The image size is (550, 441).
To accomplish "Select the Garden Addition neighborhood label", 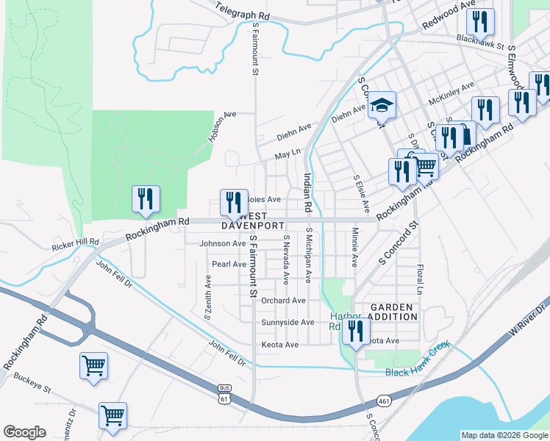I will [x=393, y=311].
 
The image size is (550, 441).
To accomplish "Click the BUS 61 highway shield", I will [x=225, y=394].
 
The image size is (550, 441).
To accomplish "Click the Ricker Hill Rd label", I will [x=75, y=244].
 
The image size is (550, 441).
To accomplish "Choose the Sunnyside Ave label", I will [x=287, y=323].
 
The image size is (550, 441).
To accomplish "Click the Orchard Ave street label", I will [x=283, y=301].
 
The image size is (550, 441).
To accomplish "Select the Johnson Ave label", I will [x=222, y=243].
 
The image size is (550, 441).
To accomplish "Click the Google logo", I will [x=24, y=432].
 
